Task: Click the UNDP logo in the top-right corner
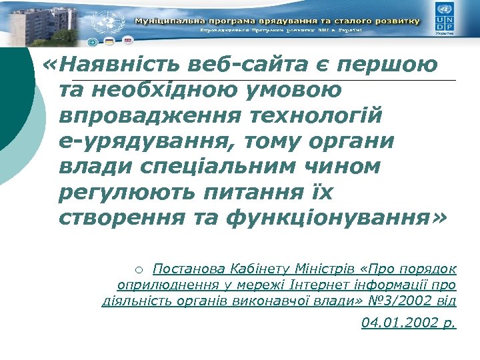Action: (445, 17)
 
